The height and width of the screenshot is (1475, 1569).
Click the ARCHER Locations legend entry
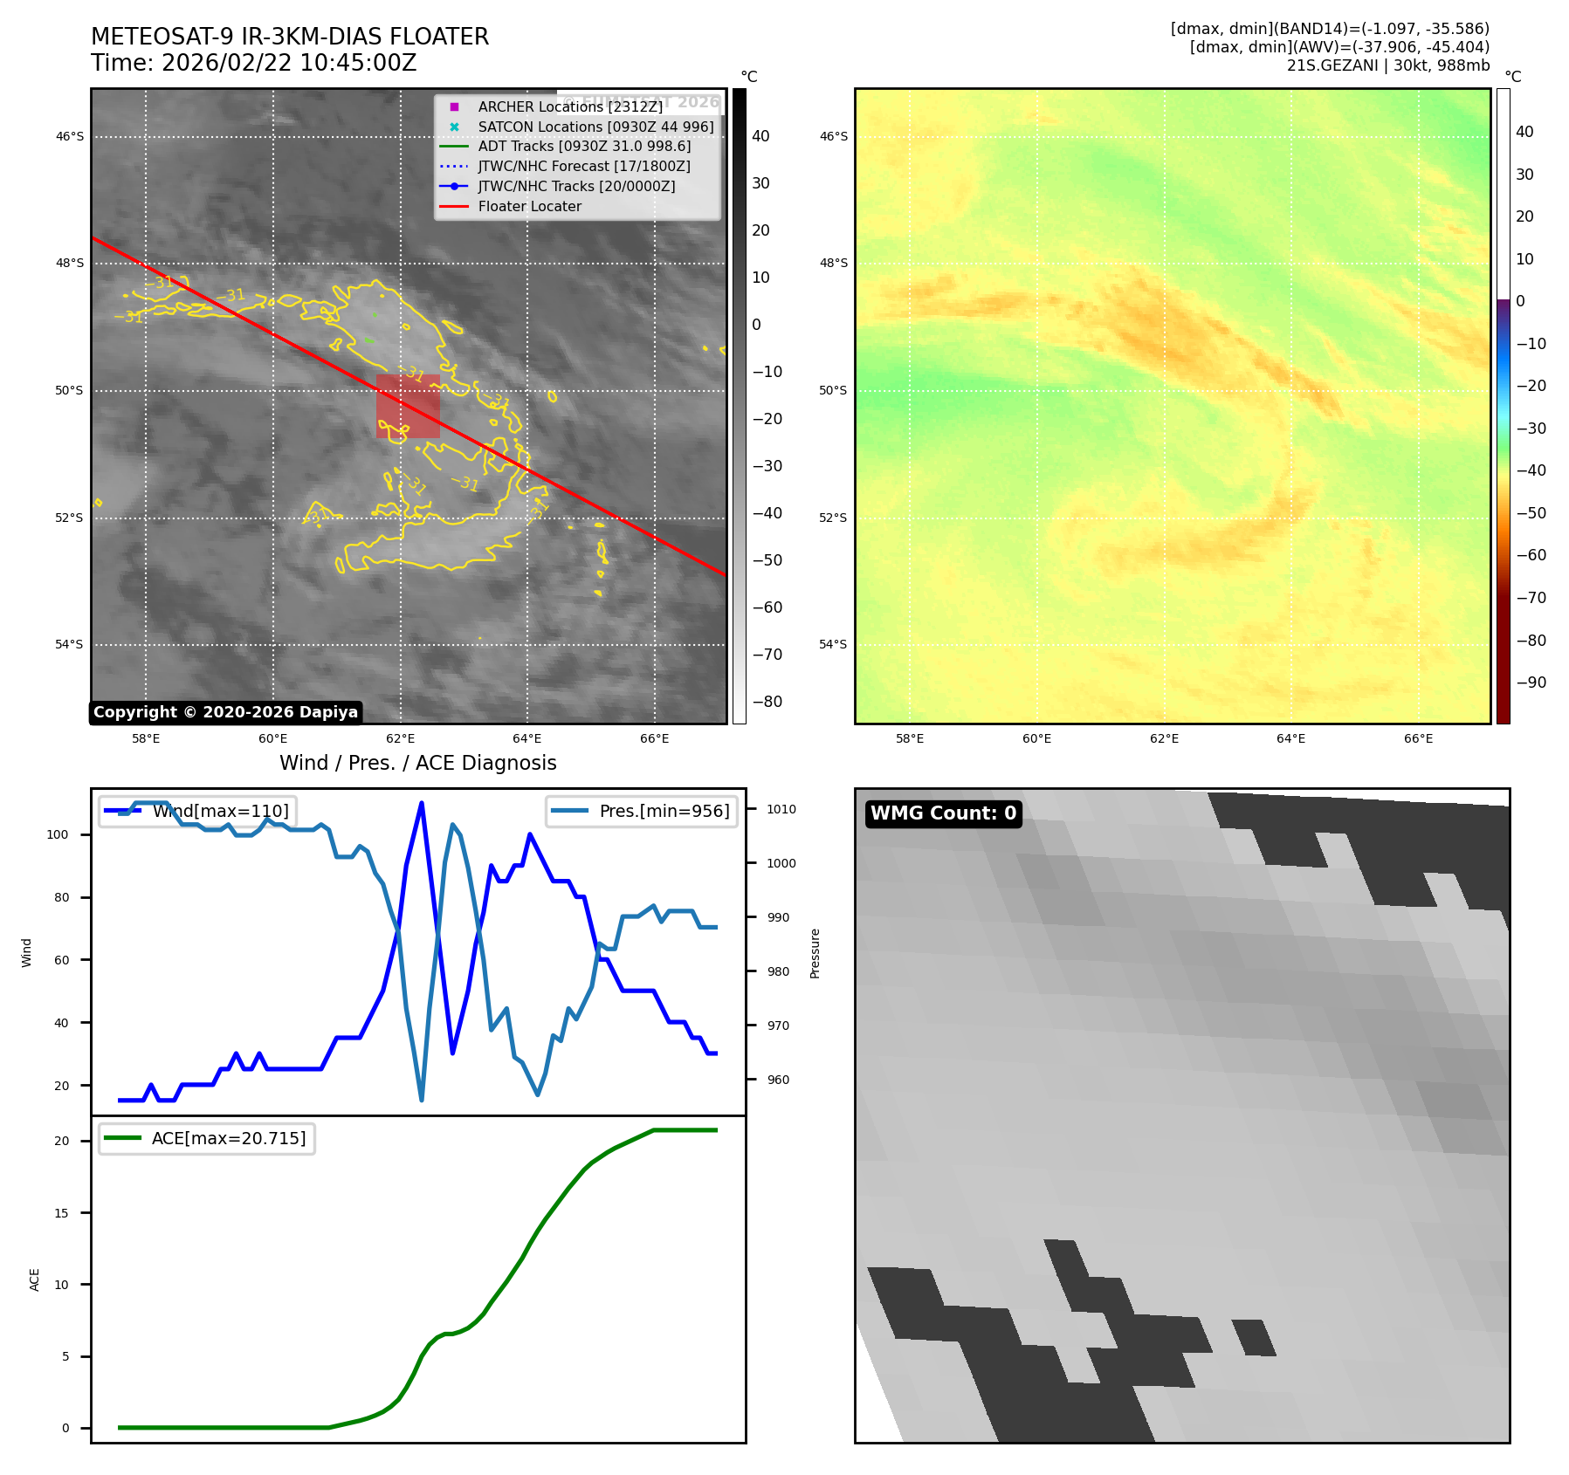(x=569, y=106)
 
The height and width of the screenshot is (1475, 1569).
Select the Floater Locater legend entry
(x=529, y=207)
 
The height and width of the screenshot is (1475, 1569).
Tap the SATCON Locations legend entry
(x=595, y=127)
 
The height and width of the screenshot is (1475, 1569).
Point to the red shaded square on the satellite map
(x=408, y=406)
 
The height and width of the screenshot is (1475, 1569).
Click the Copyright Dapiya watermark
(x=225, y=712)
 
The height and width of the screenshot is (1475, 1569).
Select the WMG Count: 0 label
(x=943, y=813)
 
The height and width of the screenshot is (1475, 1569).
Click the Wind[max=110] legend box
(x=197, y=811)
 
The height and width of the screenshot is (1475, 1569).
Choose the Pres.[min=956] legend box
(x=642, y=811)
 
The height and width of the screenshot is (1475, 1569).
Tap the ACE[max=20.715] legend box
(x=207, y=1138)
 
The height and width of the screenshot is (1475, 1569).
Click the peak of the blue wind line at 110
(x=422, y=803)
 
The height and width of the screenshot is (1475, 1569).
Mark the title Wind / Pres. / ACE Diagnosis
(x=417, y=763)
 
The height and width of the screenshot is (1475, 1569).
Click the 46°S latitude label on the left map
(x=70, y=137)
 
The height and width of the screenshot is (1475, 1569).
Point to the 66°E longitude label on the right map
(x=1418, y=738)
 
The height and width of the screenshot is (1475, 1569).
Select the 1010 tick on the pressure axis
(x=781, y=809)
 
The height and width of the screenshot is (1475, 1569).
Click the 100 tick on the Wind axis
(x=58, y=834)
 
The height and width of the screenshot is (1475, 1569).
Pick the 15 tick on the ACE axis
(x=61, y=1213)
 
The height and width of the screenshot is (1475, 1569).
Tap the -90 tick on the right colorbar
(x=1531, y=683)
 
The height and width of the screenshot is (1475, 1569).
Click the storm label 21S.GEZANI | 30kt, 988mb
(x=1387, y=65)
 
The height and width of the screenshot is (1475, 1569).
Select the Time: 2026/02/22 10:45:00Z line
(x=254, y=64)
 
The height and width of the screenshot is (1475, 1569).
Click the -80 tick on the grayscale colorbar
(x=767, y=702)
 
